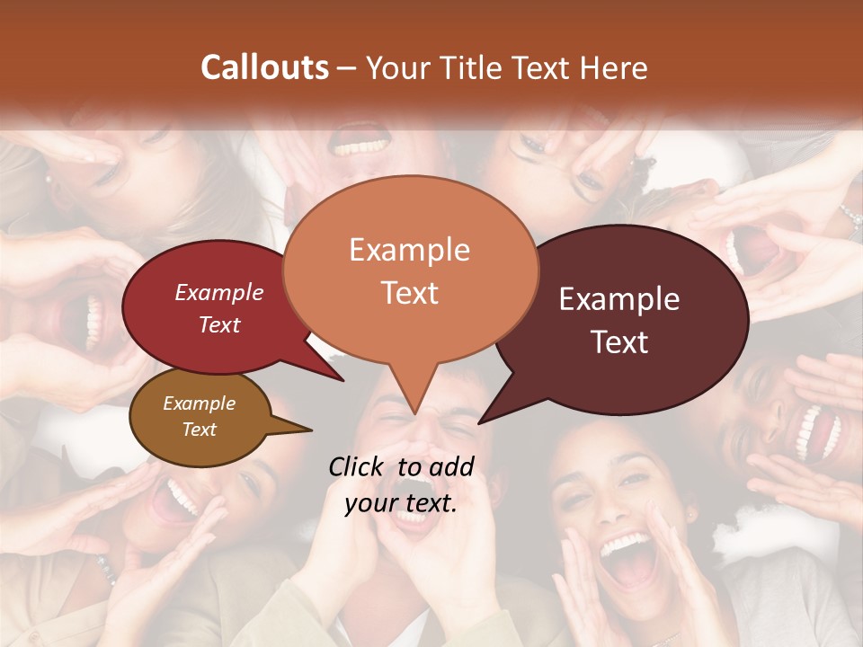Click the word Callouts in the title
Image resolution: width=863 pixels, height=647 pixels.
[x=264, y=67]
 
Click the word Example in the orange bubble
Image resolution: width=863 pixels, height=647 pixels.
[x=409, y=250]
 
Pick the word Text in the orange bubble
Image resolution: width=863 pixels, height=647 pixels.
[x=409, y=293]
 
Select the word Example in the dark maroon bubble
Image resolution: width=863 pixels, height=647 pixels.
[x=619, y=299]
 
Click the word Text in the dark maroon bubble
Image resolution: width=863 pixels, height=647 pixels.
[x=619, y=342]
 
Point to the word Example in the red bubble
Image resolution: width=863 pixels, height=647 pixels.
[x=219, y=292]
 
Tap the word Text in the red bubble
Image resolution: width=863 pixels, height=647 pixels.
[x=219, y=324]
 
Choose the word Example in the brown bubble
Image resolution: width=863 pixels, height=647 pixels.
[x=199, y=403]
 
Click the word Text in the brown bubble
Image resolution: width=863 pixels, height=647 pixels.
[x=199, y=430]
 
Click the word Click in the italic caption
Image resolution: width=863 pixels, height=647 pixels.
[x=357, y=466]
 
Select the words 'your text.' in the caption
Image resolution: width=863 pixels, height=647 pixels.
[x=401, y=503]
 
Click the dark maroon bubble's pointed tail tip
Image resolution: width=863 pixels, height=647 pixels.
[x=480, y=422]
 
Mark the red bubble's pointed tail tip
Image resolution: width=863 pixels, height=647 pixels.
[x=343, y=381]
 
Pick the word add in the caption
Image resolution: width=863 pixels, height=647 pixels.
[x=450, y=466]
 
